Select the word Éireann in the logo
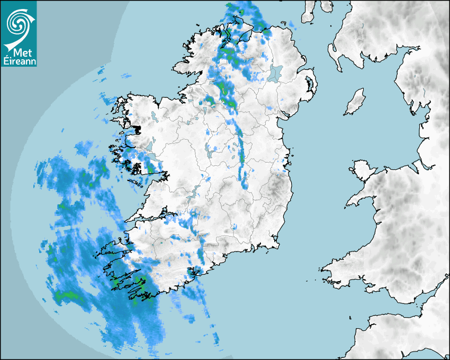coord(19,61)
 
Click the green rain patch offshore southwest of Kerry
coord(66,294)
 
